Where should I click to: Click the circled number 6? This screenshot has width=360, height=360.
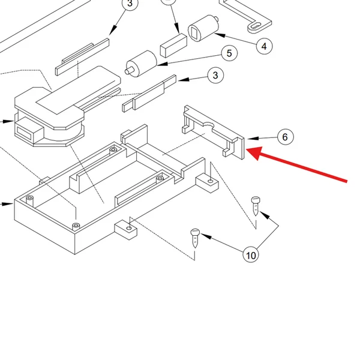(285, 137)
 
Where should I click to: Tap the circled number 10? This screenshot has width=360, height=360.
(251, 255)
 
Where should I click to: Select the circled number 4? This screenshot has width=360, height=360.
(264, 46)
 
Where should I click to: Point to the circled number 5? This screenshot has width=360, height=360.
(229, 53)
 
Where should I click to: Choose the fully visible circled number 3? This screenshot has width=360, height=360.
(215, 75)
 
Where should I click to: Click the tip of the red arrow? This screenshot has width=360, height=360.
(246, 149)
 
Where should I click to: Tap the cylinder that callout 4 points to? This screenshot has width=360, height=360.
(203, 28)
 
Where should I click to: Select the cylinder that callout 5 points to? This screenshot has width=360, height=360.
(142, 64)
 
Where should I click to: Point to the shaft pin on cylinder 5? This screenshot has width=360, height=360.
(129, 70)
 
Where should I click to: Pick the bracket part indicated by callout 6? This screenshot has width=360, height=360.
(214, 132)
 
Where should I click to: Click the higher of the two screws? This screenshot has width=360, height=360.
(256, 206)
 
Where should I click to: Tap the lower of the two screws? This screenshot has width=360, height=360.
(195, 238)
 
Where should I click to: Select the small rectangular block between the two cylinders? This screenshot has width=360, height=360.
(173, 45)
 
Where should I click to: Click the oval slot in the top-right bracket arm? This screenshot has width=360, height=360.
(256, 26)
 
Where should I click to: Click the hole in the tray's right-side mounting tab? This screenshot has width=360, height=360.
(211, 181)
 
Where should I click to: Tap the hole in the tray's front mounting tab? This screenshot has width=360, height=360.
(129, 228)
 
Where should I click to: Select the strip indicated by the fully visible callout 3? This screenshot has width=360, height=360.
(149, 93)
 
